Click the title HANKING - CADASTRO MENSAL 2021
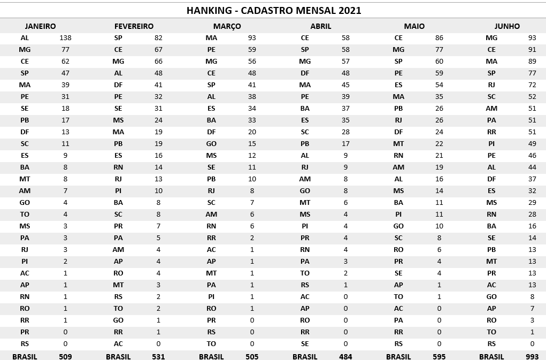pyautogui.click(x=273, y=10)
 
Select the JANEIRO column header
pyautogui.click(x=40, y=26)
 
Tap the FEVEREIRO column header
pyautogui.click(x=134, y=26)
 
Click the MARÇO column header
pyautogui.click(x=227, y=26)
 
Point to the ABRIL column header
pyautogui.click(x=321, y=26)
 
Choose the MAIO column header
pyautogui.click(x=414, y=26)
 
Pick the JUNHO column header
pyautogui.click(x=507, y=26)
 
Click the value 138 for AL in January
pyautogui.click(x=65, y=38)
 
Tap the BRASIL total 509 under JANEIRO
pyautogui.click(x=65, y=356)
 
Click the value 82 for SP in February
pyautogui.click(x=158, y=38)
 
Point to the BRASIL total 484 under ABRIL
pyautogui.click(x=345, y=356)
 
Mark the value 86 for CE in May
pyautogui.click(x=439, y=38)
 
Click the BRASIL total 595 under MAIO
pyautogui.click(x=439, y=356)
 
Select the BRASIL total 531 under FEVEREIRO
pyautogui.click(x=158, y=356)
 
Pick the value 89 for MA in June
pyautogui.click(x=532, y=62)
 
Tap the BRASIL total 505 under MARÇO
pyautogui.click(x=252, y=356)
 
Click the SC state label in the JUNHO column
pyautogui.click(x=491, y=97)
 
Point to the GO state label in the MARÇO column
pyautogui.click(x=211, y=144)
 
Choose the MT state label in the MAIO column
pyautogui.click(x=398, y=144)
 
